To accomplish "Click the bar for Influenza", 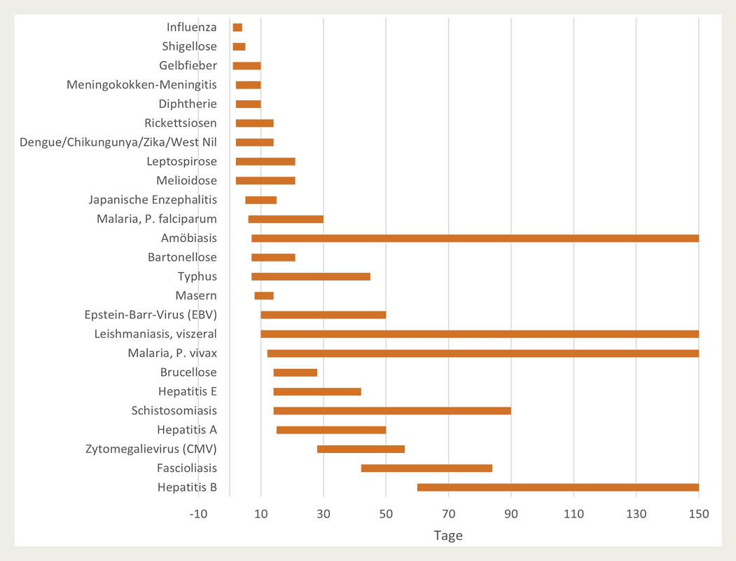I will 237,27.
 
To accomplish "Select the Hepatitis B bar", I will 557,487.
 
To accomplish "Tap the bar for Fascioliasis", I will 426,468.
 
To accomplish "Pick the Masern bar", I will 264,296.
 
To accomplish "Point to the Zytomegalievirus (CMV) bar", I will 361,449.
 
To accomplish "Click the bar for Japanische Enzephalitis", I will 261,200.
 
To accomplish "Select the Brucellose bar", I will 295,372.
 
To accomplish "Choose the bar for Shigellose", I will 239,46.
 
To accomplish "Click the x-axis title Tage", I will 448,536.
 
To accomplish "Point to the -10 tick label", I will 198,514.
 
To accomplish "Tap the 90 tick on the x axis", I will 511,514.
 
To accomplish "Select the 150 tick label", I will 698,514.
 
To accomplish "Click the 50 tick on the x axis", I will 386,514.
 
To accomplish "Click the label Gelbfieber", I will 188,66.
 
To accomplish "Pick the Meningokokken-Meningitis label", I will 141,85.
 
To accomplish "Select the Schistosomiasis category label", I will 174,410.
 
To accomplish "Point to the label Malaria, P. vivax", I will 172,353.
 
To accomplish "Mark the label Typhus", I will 197,276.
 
